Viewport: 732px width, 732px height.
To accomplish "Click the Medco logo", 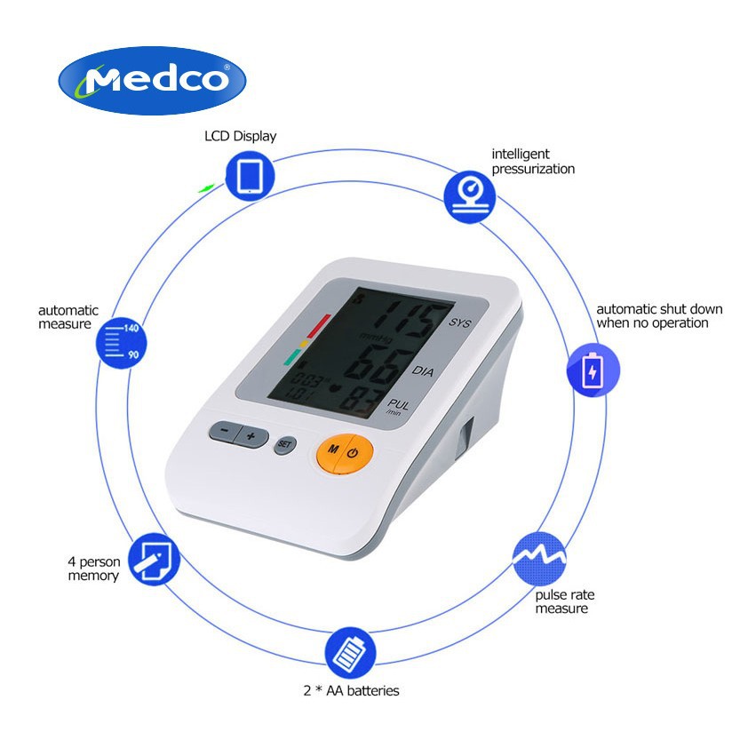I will (x=152, y=81).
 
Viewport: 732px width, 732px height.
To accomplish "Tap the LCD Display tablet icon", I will (x=250, y=174).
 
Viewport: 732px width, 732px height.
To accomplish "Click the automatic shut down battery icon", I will (x=593, y=371).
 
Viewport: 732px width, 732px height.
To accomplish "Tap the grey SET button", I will (x=284, y=443).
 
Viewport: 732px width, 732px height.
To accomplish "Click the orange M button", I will (x=332, y=451).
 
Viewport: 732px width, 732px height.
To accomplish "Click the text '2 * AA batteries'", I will (x=352, y=690).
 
